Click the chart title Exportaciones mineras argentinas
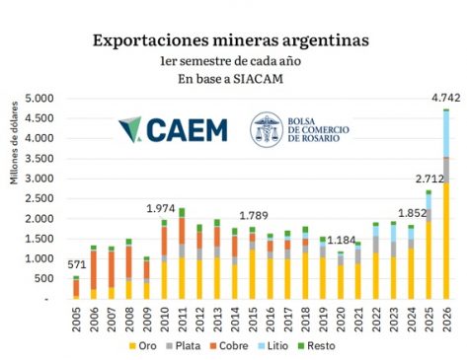click(x=231, y=40)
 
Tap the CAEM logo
click(x=173, y=130)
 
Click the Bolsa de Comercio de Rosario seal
click(x=267, y=129)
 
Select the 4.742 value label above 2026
click(x=446, y=98)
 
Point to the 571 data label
click(x=77, y=264)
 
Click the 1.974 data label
click(x=161, y=209)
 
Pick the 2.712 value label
click(x=429, y=179)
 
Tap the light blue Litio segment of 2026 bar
click(x=446, y=134)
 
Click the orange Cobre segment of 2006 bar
click(x=94, y=270)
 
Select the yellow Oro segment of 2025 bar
click(x=428, y=260)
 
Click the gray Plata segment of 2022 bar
click(x=375, y=245)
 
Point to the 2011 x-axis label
click(x=182, y=320)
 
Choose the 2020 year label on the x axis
click(x=341, y=320)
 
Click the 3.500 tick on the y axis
click(x=39, y=159)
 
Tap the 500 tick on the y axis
click(x=43, y=279)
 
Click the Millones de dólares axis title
click(x=14, y=143)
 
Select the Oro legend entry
click(x=142, y=346)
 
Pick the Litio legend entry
click(x=272, y=346)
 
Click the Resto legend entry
click(x=316, y=346)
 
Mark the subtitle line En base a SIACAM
click(x=230, y=79)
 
